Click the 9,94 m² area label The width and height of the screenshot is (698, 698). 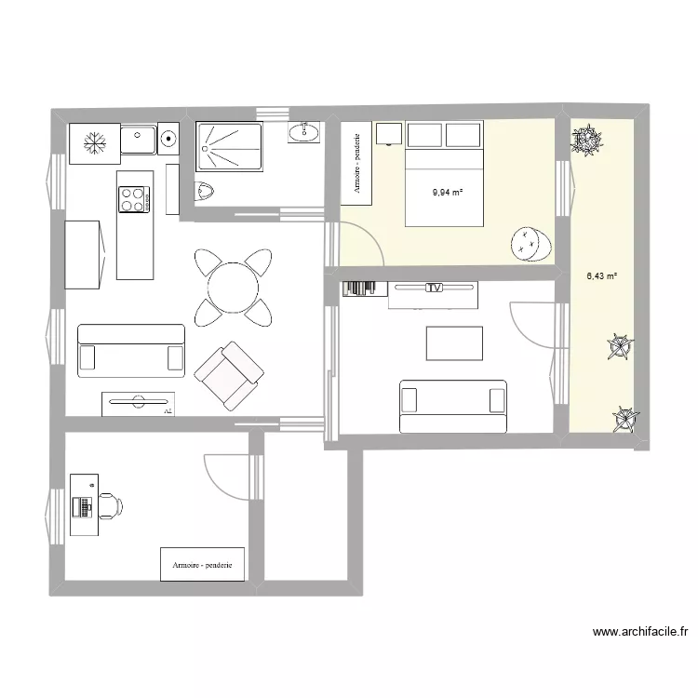pos(448,194)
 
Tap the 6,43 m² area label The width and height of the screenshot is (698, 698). pos(602,275)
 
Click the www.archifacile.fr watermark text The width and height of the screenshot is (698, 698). pos(640,633)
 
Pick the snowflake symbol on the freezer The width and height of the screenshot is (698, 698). pos(94,141)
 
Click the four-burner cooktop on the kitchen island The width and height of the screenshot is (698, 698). pos(134,197)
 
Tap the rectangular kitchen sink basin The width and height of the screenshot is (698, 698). pos(140,140)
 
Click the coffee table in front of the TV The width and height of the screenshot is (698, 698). pos(455,342)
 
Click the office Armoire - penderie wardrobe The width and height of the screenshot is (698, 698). pos(202,564)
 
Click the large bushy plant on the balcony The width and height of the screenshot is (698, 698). pos(587,141)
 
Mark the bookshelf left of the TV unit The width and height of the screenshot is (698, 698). pos(364,289)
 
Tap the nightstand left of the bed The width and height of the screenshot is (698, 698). pos(388,134)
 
